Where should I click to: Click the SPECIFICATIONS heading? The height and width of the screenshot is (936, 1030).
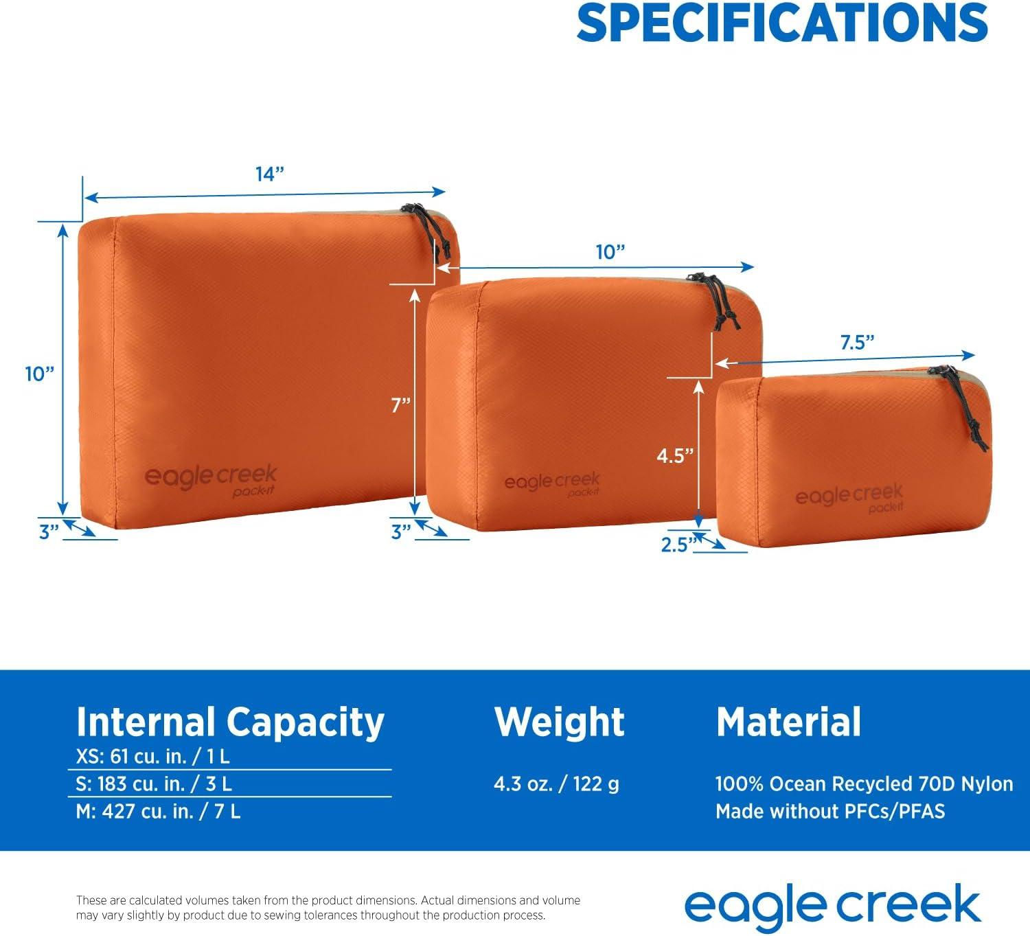782,23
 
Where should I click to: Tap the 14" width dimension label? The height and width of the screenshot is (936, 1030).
270,174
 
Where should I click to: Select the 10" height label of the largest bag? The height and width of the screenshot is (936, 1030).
40,374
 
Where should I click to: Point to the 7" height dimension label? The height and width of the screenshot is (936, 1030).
400,405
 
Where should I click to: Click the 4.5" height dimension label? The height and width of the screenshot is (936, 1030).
675,455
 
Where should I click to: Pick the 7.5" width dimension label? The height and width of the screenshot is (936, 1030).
857,342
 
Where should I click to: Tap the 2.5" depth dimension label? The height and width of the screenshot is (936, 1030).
679,545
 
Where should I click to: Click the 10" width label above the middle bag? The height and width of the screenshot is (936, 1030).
610,252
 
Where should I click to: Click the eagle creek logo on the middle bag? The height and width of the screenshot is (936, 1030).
552,483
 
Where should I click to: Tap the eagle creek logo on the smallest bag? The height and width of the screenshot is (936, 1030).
849,497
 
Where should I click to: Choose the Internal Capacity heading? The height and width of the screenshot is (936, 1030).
230,722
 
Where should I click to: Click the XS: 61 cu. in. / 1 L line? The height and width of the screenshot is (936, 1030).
153,756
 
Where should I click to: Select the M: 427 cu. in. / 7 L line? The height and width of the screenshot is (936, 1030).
158,811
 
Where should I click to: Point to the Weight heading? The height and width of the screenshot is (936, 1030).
559,721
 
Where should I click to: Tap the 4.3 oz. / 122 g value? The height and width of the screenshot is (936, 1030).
557,784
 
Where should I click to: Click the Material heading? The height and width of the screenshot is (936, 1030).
788,721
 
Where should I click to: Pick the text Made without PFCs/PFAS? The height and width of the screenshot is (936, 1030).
830,811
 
